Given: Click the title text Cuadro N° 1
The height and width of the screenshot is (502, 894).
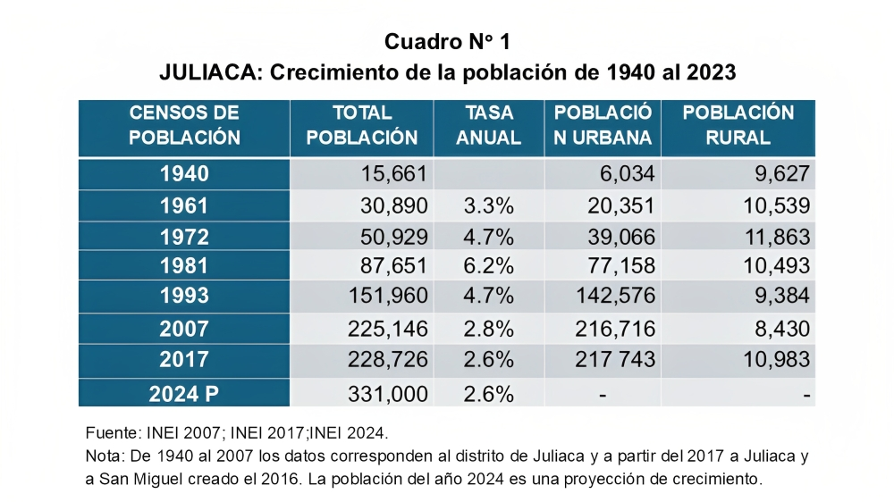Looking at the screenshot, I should click(447, 41).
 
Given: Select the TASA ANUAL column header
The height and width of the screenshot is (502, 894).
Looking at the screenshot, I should click(489, 126).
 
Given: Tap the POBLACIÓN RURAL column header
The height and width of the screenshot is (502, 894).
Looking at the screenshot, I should click(738, 126).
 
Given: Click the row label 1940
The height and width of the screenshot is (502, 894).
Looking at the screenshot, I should click(184, 174).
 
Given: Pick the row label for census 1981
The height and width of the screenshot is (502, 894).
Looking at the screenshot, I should click(184, 266).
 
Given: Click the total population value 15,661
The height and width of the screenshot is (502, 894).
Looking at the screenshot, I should click(393, 174).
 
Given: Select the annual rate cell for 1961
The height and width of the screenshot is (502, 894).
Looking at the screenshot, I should click(489, 205).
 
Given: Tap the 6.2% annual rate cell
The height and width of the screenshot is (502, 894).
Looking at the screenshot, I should click(489, 266).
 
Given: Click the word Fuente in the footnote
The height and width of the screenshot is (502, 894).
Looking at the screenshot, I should click(108, 433).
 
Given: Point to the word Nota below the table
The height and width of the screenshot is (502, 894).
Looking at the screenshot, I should click(103, 456).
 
